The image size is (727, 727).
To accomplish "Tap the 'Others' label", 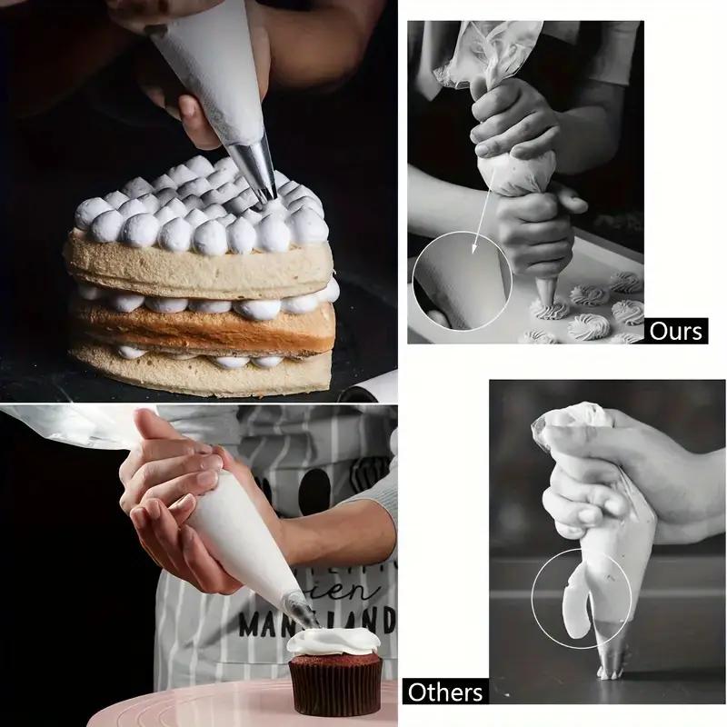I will click(445, 692).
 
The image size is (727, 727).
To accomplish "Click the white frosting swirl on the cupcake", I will click(334, 642).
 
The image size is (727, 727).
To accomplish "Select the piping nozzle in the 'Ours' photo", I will click(546, 291).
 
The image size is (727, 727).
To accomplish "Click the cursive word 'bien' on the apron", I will click(359, 591).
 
